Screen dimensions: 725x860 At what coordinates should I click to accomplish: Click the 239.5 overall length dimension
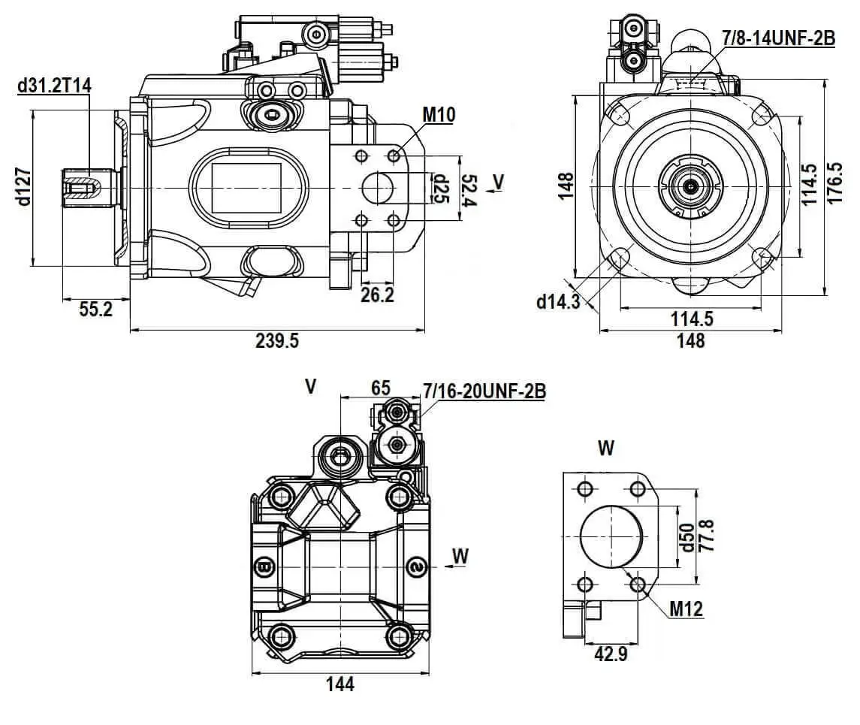(x=278, y=341)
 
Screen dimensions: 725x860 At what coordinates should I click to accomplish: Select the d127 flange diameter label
(x=23, y=187)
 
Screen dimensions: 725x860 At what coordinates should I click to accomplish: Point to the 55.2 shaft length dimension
(x=95, y=308)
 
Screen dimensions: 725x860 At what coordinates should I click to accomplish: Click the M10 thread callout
(x=439, y=114)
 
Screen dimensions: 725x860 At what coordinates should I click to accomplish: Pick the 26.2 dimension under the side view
(x=378, y=295)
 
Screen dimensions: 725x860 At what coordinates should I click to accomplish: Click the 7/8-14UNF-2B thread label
(x=778, y=38)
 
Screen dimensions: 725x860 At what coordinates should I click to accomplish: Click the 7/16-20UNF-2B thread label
(x=484, y=391)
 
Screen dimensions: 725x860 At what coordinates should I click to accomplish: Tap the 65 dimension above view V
(x=381, y=388)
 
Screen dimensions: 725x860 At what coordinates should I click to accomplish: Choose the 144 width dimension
(x=340, y=684)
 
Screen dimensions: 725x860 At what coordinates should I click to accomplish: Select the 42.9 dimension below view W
(x=611, y=654)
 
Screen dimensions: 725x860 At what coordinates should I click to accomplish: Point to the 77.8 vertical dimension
(x=707, y=535)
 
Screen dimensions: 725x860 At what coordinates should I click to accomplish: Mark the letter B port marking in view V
(x=264, y=566)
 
